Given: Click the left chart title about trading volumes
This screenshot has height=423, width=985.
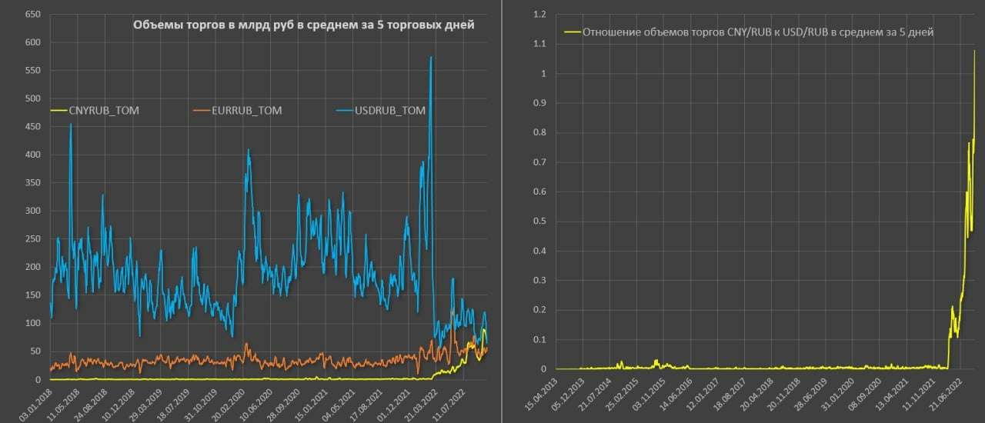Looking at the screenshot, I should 303,25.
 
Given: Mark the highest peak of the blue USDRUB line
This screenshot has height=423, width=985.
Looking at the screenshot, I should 431,57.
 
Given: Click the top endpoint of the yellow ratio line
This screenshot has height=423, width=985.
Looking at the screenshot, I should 974,51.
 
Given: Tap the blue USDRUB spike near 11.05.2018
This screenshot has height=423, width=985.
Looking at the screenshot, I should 71,125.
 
